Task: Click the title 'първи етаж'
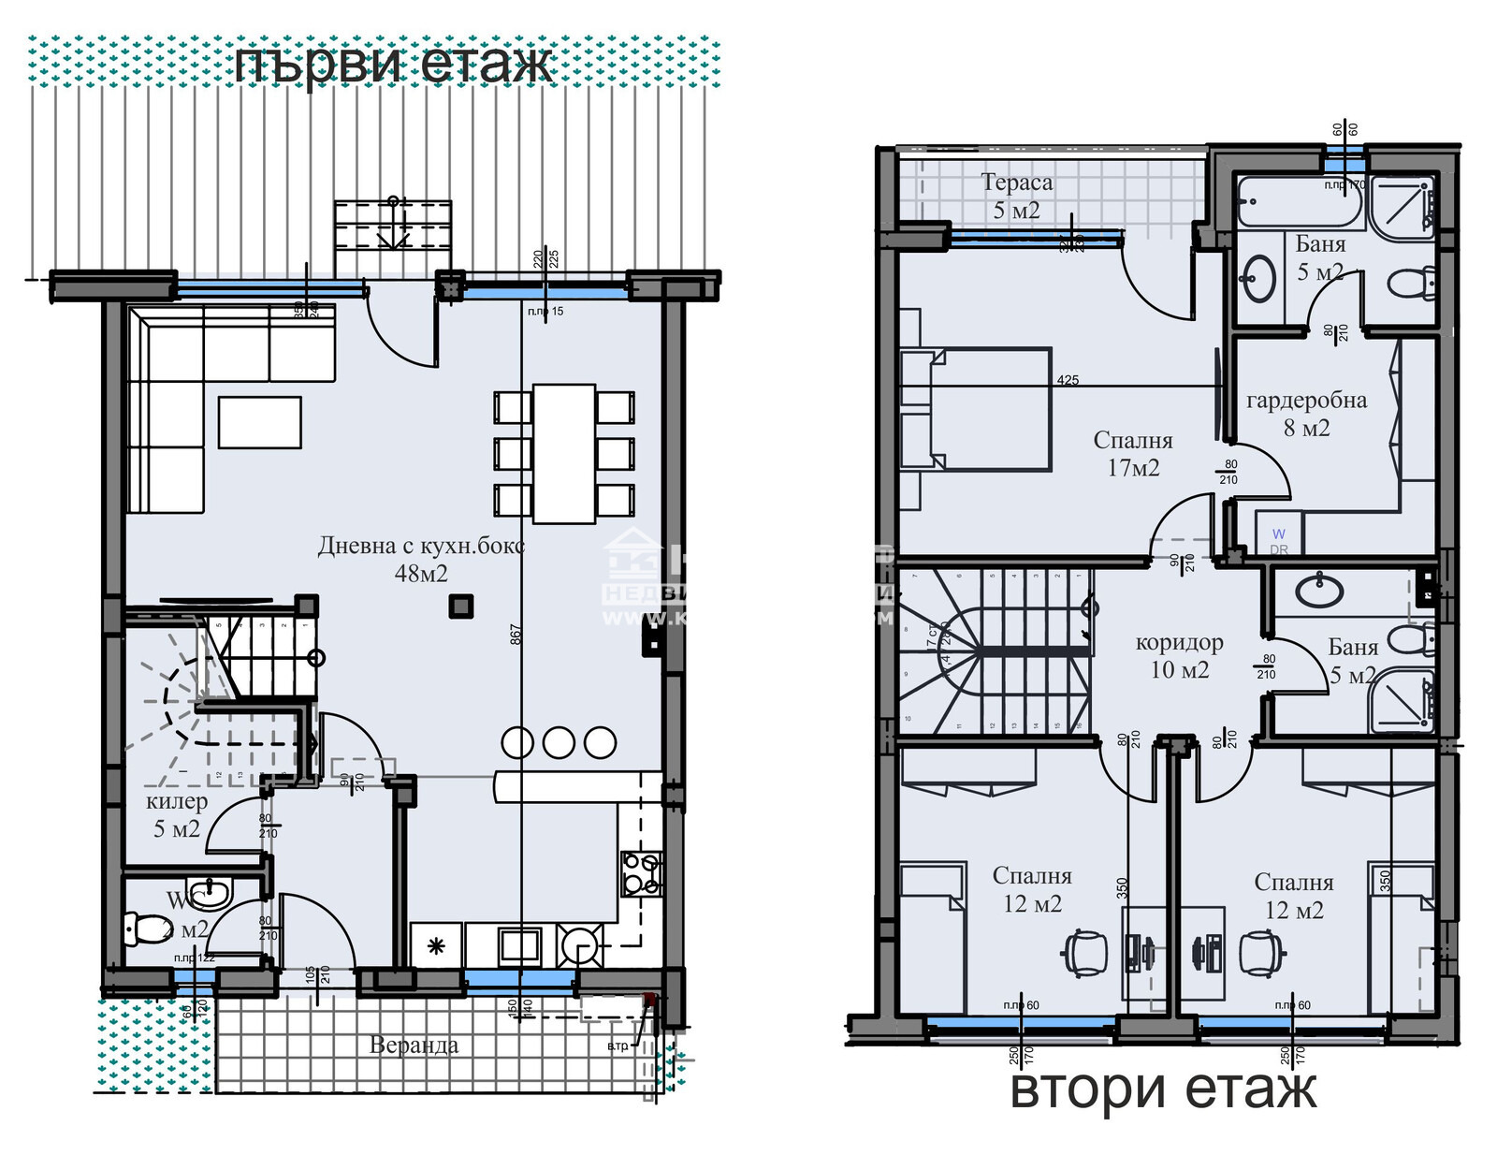click(393, 65)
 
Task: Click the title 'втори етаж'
click(1163, 1089)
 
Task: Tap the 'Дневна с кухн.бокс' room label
click(421, 546)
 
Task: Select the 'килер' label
click(177, 801)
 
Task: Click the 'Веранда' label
click(414, 1045)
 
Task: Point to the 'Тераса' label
click(1016, 183)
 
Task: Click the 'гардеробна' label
click(1306, 401)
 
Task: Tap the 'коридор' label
click(1179, 643)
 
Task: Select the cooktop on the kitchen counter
click(642, 873)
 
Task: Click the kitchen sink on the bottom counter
click(518, 945)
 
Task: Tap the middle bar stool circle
click(559, 742)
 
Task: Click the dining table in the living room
click(564, 453)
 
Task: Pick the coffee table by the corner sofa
click(260, 422)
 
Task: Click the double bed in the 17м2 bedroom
click(978, 408)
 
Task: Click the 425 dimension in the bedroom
click(1068, 380)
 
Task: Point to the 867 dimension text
click(516, 635)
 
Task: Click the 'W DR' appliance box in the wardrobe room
click(1278, 541)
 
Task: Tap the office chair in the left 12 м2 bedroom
click(1085, 954)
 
